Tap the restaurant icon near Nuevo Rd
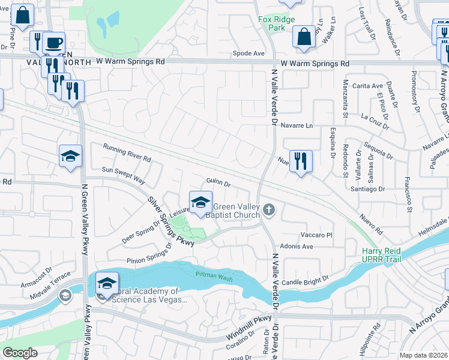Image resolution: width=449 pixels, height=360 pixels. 301,161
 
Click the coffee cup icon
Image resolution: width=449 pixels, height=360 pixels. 54,43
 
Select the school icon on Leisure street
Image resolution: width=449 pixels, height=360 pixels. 200,202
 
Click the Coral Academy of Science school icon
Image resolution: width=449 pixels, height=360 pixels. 107,282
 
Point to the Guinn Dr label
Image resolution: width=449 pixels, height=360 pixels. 218,181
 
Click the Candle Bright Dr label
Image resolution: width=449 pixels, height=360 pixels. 307,280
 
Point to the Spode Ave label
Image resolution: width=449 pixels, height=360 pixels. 249,53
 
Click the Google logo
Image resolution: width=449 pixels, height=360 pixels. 20,352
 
